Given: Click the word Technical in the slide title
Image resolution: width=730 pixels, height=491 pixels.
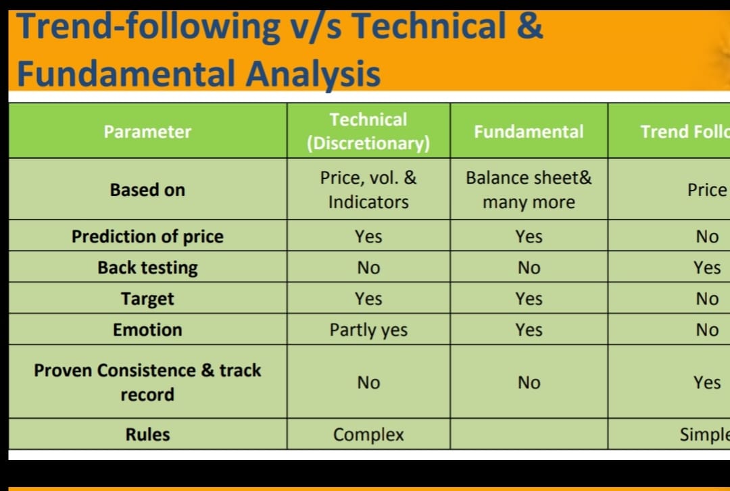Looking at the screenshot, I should click(x=430, y=27).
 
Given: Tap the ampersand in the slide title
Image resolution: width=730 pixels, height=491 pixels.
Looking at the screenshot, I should click(x=532, y=27).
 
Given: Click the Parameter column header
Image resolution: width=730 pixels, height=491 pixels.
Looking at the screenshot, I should click(x=147, y=132).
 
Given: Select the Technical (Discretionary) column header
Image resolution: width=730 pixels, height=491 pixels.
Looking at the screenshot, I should click(x=368, y=132).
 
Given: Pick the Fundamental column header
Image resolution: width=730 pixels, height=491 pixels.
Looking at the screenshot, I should click(x=529, y=132).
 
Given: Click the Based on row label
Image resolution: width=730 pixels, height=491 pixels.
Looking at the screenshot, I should click(x=147, y=190).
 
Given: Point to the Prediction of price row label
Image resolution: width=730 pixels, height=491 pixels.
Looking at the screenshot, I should click(x=147, y=236).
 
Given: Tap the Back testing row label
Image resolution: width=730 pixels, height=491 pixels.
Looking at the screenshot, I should click(x=147, y=267).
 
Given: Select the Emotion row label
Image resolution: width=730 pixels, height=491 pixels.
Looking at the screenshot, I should click(x=147, y=330).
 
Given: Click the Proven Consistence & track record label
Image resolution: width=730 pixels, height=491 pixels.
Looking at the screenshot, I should click(x=147, y=382).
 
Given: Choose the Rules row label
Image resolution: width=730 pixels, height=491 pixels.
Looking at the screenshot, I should click(x=147, y=434).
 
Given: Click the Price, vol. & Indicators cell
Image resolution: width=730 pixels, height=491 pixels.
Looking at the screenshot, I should click(x=368, y=190).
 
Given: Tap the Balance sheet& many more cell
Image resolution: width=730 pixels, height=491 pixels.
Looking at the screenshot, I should click(x=529, y=190).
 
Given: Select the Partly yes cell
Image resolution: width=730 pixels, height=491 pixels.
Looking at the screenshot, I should click(x=368, y=330).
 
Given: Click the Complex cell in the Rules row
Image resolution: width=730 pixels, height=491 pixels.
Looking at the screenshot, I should click(x=368, y=434).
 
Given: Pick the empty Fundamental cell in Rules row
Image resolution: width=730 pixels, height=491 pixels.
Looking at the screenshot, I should click(x=529, y=434).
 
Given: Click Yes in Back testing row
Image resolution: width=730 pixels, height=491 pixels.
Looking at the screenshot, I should click(x=707, y=267).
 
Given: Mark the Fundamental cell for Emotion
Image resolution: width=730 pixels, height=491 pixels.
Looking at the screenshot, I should click(x=529, y=330).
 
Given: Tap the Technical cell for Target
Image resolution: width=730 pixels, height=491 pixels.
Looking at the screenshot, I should click(x=368, y=299).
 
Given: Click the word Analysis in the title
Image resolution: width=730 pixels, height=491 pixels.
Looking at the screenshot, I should click(x=312, y=74).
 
